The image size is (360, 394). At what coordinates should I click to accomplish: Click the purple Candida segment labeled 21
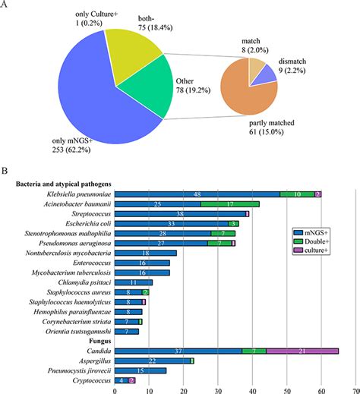(x=302, y=351)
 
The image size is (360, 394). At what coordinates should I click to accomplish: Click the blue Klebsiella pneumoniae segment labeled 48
(x=197, y=194)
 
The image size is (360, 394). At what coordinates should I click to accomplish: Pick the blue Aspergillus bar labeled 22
(x=152, y=361)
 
